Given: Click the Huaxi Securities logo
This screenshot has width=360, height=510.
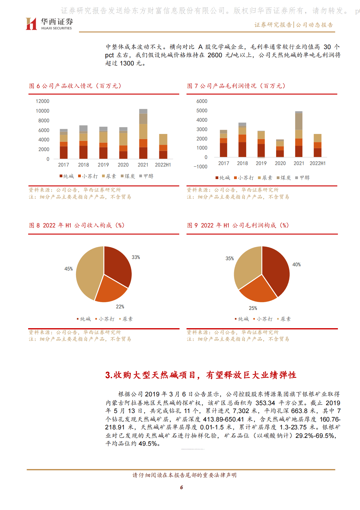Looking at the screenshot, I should (49, 24).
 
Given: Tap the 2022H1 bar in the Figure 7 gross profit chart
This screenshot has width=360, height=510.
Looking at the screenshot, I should (318, 145).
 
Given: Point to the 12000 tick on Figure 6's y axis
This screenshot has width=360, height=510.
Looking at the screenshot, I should (42, 101).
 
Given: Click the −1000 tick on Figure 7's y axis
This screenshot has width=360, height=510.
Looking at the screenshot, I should (200, 167).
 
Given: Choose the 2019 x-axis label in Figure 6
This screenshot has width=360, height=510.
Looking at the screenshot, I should (103, 165).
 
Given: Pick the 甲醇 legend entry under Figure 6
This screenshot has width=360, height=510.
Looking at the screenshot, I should (147, 176).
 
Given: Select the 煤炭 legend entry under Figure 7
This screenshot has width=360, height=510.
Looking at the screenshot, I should (284, 178).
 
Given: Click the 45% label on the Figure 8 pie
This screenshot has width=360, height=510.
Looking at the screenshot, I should (68, 269).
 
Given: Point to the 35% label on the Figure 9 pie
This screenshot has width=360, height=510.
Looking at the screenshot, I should (230, 258).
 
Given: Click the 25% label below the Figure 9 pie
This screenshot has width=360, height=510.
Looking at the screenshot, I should (253, 308).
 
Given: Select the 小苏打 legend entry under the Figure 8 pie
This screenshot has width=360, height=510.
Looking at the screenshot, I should (105, 319).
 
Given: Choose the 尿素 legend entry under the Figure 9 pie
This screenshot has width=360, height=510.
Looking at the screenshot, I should (284, 319).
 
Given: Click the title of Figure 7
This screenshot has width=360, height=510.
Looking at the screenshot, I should (236, 86).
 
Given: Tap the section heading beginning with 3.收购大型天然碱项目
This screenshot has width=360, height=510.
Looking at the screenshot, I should (201, 375).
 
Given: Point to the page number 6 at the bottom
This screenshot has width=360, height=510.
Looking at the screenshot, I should (181, 487).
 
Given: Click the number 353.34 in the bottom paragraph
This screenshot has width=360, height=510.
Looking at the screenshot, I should (265, 403).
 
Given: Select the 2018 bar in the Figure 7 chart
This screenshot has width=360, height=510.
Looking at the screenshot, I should (242, 140).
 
